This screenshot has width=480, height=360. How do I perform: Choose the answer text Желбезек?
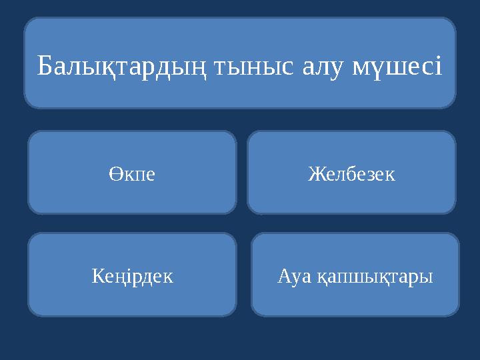pos(351,175)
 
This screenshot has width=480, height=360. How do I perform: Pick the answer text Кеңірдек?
pos(131,276)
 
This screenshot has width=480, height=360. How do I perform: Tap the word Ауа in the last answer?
pos(294,276)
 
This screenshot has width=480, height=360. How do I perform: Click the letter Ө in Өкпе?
pos(113,175)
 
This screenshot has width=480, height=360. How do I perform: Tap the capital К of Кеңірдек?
pos(96,276)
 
